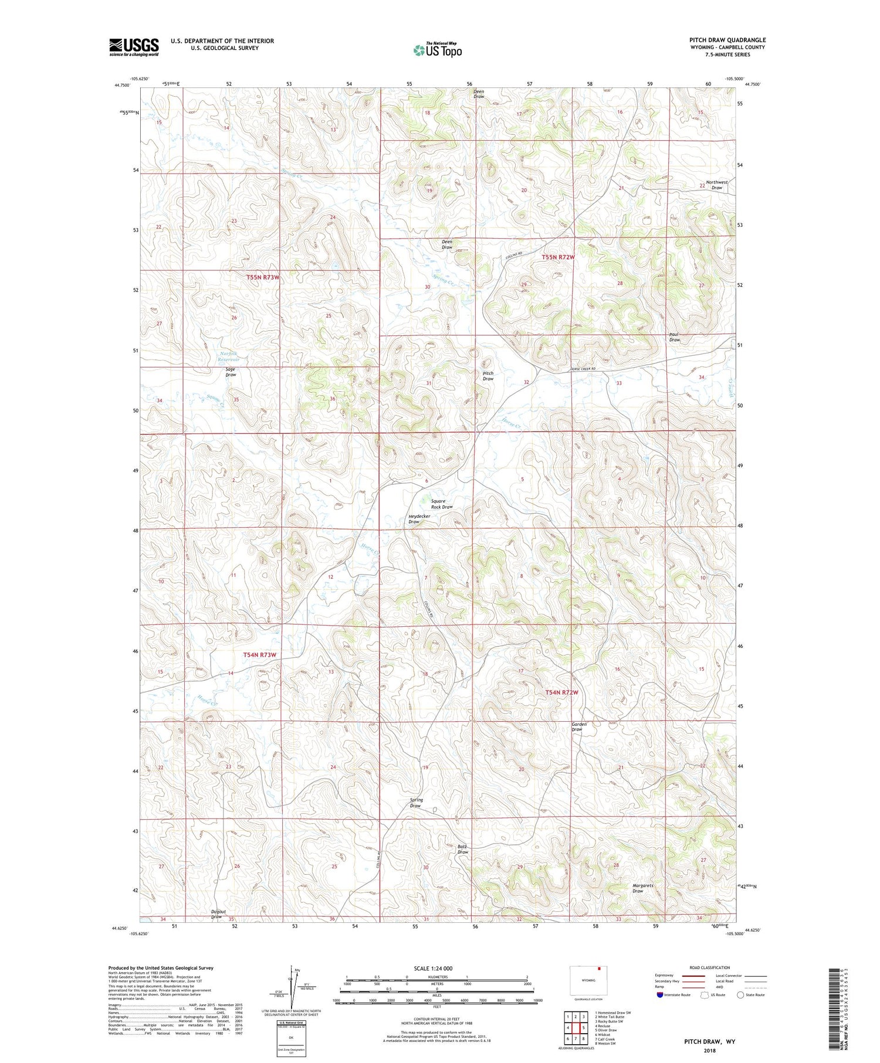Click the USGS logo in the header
[x=134, y=47]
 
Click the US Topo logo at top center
[x=437, y=50]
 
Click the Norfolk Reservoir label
[x=218, y=356]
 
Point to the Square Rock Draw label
[x=442, y=504]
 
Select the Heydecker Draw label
[x=419, y=519]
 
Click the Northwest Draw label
[x=717, y=185]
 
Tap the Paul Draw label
[x=675, y=337]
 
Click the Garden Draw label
[x=579, y=726]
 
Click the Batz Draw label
[x=462, y=849]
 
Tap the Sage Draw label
[x=231, y=372]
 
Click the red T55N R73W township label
[x=263, y=277]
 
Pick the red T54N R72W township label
[x=562, y=692]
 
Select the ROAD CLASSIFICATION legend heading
[x=710, y=967]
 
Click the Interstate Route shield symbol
[x=660, y=995]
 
